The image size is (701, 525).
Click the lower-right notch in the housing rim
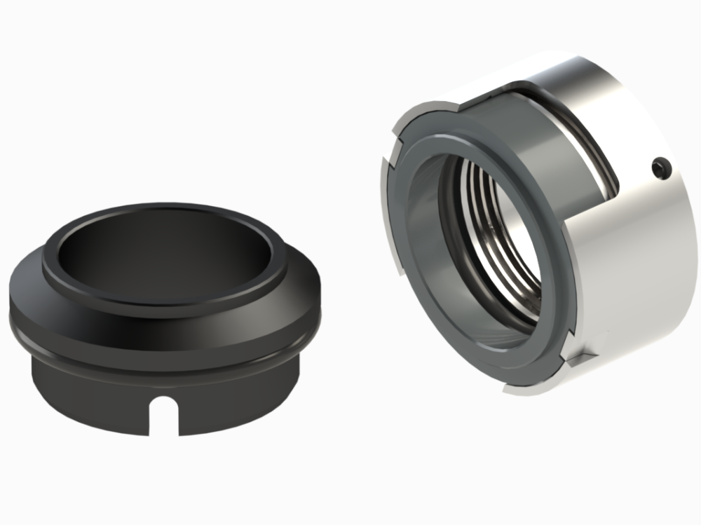pos(571,361)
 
